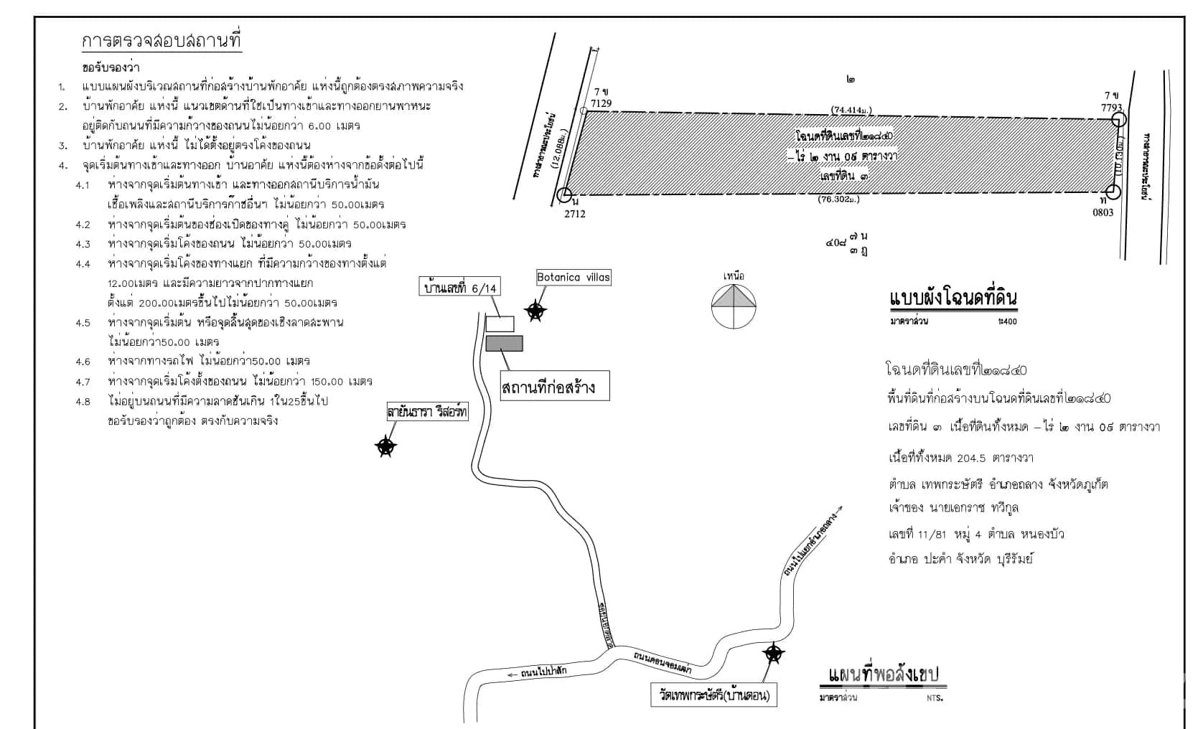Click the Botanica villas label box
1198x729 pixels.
[x=574, y=278]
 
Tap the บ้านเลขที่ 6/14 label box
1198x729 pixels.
[x=459, y=288]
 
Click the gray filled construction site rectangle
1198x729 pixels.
[x=504, y=344]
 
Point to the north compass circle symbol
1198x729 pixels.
[x=734, y=306]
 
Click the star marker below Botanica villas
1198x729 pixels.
[x=535, y=311]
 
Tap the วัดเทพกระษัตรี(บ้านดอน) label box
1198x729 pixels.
[x=714, y=696]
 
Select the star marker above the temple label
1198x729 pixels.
[x=773, y=653]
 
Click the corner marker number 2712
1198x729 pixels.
[x=575, y=213]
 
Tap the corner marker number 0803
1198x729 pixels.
[x=1103, y=212]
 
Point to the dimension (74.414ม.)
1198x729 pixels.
[x=851, y=110]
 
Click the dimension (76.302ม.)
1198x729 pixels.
[x=839, y=199]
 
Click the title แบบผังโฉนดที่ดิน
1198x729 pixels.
[x=953, y=298]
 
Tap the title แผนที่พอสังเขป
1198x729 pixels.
[x=882, y=676]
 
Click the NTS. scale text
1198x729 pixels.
[x=934, y=697]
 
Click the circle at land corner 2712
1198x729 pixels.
[x=565, y=194]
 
